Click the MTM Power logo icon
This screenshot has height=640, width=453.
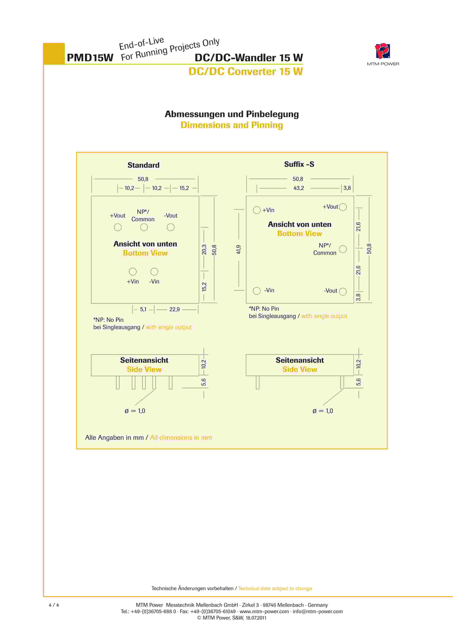[382, 51]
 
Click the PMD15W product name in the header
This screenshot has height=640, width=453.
[90, 58]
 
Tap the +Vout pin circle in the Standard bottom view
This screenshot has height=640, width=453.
[118, 227]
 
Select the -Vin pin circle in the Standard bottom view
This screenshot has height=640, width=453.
[154, 271]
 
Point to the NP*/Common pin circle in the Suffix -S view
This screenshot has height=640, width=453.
[343, 249]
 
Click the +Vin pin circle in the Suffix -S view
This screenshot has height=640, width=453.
[257, 210]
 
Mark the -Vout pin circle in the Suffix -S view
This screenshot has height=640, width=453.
[343, 291]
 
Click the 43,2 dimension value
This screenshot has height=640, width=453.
[298, 188]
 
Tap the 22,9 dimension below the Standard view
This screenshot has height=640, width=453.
[174, 309]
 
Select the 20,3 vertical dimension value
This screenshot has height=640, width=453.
[204, 249]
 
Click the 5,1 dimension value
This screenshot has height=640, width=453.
[143, 309]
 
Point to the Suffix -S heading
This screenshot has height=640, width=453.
[299, 164]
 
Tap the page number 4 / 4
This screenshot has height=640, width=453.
[54, 605]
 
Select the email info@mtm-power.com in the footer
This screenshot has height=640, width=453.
[318, 611]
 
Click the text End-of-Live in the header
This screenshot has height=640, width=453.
[141, 43]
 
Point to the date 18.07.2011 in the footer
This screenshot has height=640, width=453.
[256, 618]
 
